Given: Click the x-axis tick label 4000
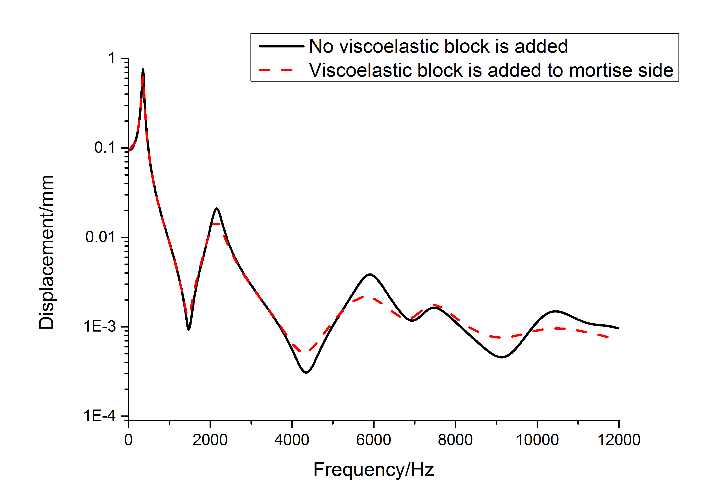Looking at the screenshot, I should (292, 440).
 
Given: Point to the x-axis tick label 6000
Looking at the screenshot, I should (373, 440).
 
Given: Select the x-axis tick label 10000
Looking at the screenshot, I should (537, 440).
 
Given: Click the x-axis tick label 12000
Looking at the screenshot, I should (619, 440).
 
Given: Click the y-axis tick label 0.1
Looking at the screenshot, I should (105, 148).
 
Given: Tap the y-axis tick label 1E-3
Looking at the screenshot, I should (100, 327).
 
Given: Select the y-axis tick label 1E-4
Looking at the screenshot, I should (100, 416).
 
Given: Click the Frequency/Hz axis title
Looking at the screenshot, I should (373, 470).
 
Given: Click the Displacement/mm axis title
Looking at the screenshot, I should (46, 252).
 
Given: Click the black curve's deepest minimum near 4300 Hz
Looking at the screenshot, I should (306, 372).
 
